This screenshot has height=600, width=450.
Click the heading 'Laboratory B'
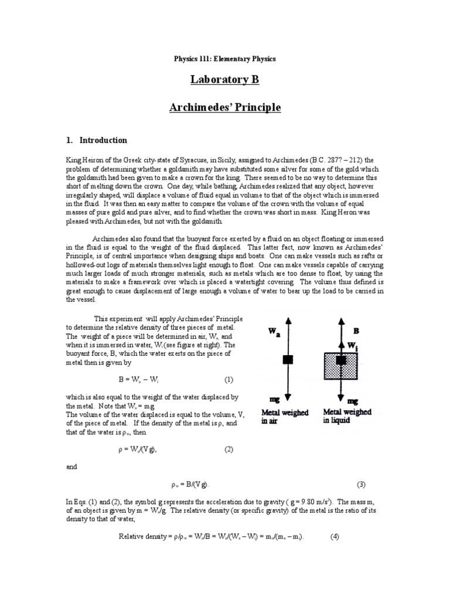point(225,80)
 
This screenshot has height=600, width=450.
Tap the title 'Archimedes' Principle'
point(225,108)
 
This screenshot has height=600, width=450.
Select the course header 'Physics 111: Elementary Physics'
point(225,59)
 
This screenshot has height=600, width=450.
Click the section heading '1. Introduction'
point(96,141)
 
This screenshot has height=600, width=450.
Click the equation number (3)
point(361,485)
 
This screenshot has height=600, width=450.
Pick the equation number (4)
point(335,536)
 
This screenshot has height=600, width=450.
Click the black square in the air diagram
point(288,360)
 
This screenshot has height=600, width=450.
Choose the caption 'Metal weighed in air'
point(285,417)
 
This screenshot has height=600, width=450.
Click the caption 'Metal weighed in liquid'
point(348,416)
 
